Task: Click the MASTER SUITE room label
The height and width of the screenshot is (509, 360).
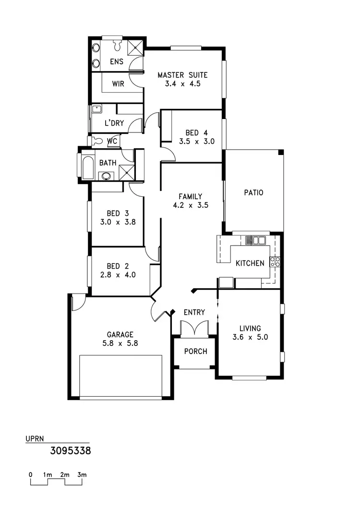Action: click(182, 75)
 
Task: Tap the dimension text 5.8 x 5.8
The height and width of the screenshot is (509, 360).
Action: click(120, 343)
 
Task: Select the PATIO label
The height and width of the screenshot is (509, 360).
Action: click(253, 193)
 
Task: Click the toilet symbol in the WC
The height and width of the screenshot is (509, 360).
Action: click(97, 141)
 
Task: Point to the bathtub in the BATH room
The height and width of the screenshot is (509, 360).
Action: click(88, 166)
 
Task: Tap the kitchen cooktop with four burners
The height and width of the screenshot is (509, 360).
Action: click(275, 261)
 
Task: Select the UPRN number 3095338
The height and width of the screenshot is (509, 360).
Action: click(71, 451)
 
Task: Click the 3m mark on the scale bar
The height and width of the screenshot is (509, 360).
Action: click(82, 475)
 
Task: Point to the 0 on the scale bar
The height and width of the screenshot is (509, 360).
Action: click(30, 475)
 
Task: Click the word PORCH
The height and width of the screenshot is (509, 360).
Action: click(196, 352)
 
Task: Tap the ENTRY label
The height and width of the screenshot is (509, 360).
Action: click(194, 312)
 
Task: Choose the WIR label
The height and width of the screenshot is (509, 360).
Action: click(118, 83)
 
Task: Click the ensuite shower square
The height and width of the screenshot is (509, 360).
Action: click(136, 47)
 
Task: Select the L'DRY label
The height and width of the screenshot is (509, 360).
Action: click(114, 123)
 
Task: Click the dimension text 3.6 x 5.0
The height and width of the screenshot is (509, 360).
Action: click(250, 337)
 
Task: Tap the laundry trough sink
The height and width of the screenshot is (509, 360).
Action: click(96, 108)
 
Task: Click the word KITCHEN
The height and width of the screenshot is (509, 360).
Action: click(250, 263)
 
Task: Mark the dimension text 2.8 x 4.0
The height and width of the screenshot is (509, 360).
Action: click(118, 275)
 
